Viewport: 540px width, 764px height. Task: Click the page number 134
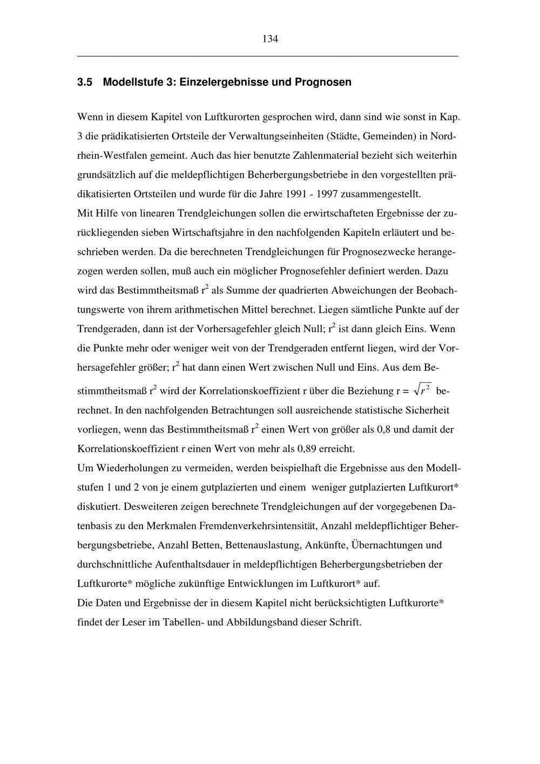270,39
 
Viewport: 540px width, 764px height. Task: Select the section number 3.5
85,83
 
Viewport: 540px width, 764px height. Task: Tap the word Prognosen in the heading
327,83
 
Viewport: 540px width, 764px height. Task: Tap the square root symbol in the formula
417,388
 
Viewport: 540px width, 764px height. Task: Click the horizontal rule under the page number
268,56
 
